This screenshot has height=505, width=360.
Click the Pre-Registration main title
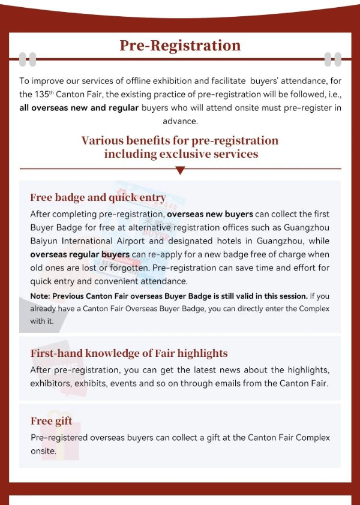click(180, 46)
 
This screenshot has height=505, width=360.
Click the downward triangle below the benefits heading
click(180, 171)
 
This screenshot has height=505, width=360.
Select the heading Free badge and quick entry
click(98, 198)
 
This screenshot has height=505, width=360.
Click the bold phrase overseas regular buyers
click(80, 254)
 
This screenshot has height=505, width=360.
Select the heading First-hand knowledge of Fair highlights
click(129, 353)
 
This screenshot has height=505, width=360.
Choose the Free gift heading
click(51, 421)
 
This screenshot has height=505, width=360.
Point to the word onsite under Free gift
click(43, 451)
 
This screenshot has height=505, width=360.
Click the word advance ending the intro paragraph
click(180, 121)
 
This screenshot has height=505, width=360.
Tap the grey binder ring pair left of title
click(28, 59)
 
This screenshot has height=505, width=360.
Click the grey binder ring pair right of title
click(332, 59)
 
